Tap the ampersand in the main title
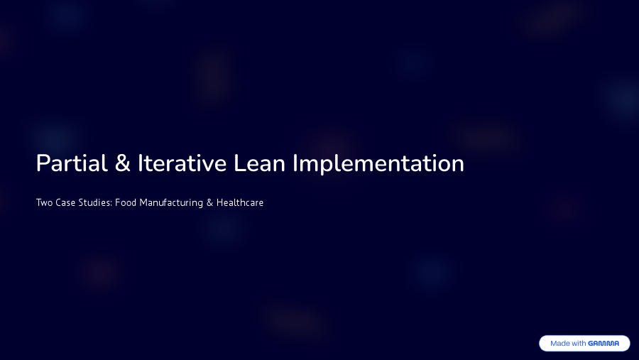click(122, 164)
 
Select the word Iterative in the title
click(182, 163)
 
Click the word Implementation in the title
click(378, 164)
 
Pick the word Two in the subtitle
click(44, 203)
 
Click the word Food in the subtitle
click(126, 203)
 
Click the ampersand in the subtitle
click(209, 203)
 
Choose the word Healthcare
click(240, 203)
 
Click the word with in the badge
click(579, 344)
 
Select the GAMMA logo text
click(603, 344)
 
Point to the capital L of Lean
click(239, 163)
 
